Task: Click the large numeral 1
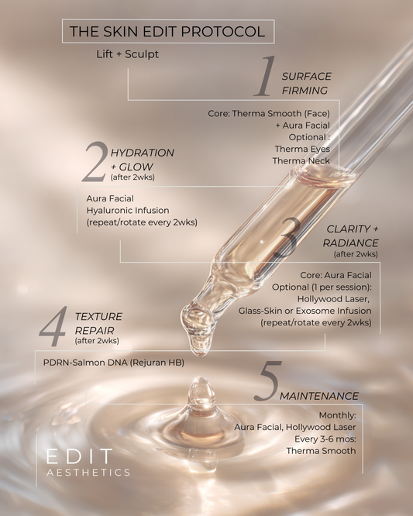pyautogui.click(x=265, y=77)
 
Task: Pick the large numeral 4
pyautogui.click(x=53, y=327)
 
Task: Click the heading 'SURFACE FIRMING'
pyautogui.click(x=305, y=83)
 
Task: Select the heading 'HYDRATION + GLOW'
pyautogui.click(x=142, y=159)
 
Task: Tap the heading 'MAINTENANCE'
pyautogui.click(x=318, y=396)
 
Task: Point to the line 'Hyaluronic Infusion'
pyautogui.click(x=128, y=210)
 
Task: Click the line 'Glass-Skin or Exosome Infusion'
pyautogui.click(x=305, y=310)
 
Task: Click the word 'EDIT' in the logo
pyautogui.click(x=78, y=456)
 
